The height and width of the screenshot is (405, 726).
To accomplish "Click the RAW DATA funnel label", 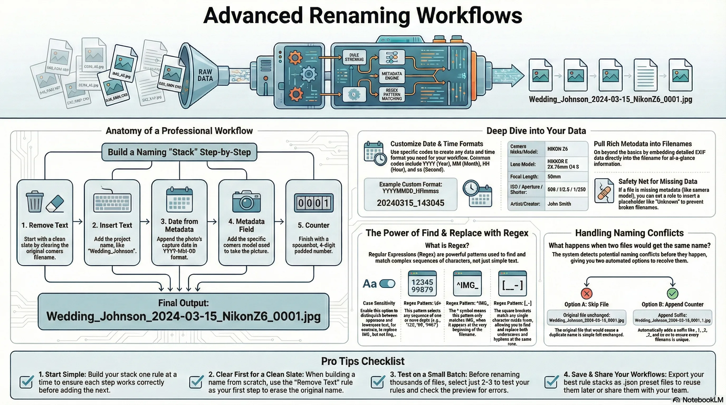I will [x=205, y=75].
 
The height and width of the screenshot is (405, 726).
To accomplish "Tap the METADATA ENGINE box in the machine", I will [x=392, y=76].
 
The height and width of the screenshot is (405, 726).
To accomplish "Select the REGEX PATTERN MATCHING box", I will [x=392, y=94].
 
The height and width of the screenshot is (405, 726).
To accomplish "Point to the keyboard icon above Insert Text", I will [x=112, y=202].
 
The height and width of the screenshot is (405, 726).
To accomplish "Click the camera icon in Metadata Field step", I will [x=246, y=201].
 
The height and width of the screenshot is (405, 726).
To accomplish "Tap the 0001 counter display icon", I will [x=313, y=203].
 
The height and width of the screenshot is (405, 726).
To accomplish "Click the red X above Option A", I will [x=586, y=293].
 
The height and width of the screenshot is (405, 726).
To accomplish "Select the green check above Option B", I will [x=672, y=293].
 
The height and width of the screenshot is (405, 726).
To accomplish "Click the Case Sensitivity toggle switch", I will [x=388, y=284].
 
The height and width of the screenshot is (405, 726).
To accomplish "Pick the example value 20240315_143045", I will [x=410, y=203].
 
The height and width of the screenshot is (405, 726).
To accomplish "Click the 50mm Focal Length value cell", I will [x=554, y=177].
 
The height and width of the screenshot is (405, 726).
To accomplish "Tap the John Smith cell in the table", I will [x=559, y=204].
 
